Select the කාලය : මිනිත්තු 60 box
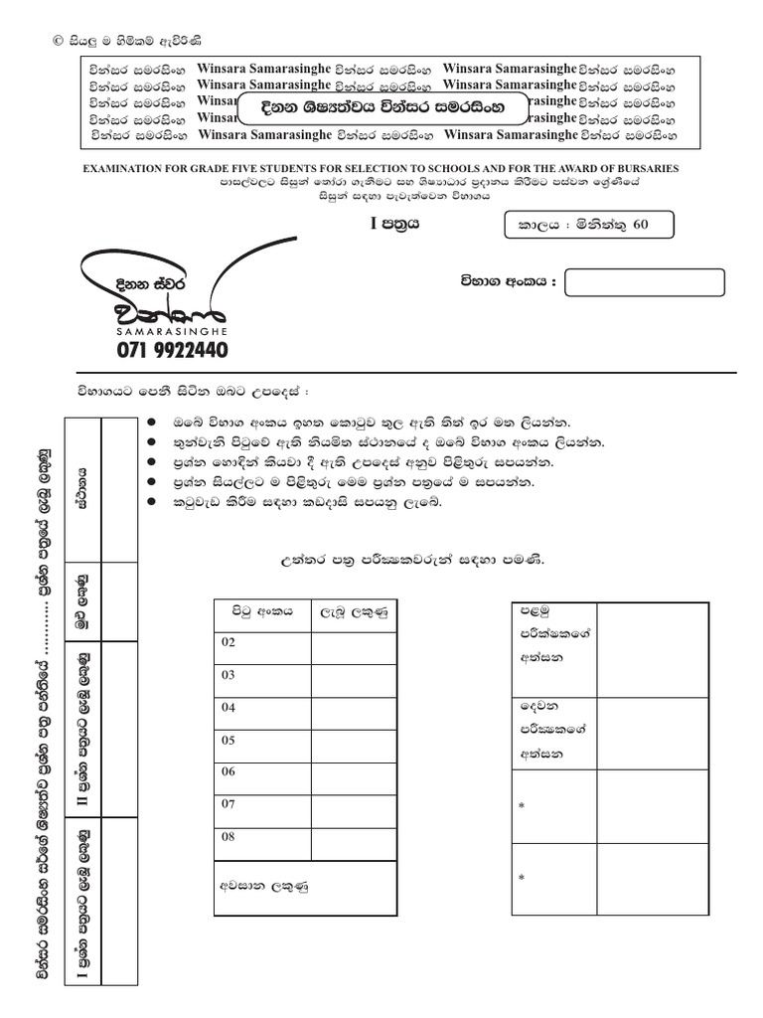click(589, 226)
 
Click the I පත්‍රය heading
click(394, 225)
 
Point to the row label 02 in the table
click(229, 643)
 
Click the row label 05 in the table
click(229, 740)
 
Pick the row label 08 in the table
click(229, 837)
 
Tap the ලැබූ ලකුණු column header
click(352, 611)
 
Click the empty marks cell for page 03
click(352, 676)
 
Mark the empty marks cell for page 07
click(352, 805)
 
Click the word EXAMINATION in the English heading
click(123, 169)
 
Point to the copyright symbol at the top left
click(57, 41)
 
